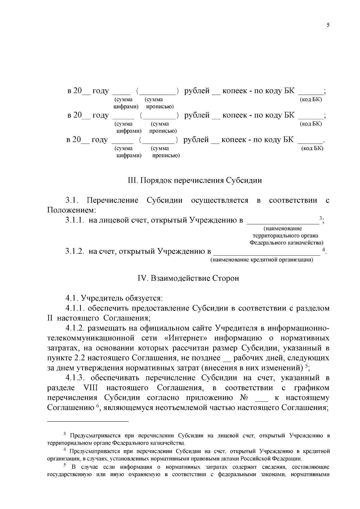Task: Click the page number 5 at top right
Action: click(328, 25)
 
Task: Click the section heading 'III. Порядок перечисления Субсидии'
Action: click(195, 181)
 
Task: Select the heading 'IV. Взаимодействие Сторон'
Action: click(188, 278)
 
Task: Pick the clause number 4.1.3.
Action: click(76, 378)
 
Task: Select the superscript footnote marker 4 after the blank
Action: click(323, 250)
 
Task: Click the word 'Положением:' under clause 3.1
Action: click(72, 210)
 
